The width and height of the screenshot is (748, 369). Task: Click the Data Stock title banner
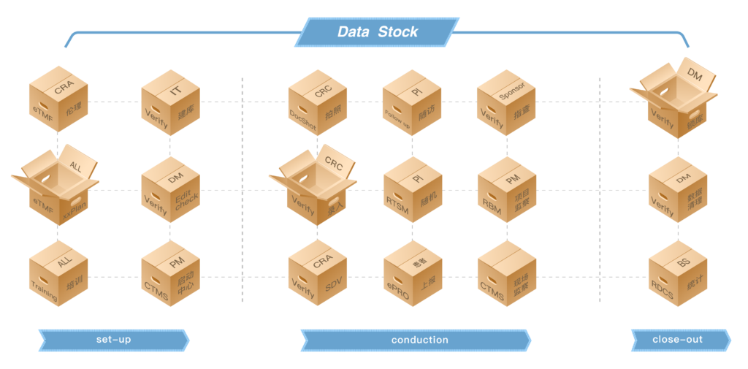click(377, 32)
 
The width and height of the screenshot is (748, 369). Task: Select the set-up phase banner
click(113, 340)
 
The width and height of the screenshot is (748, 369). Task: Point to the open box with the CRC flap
click(315, 188)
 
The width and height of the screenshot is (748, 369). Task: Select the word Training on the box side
click(45, 286)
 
